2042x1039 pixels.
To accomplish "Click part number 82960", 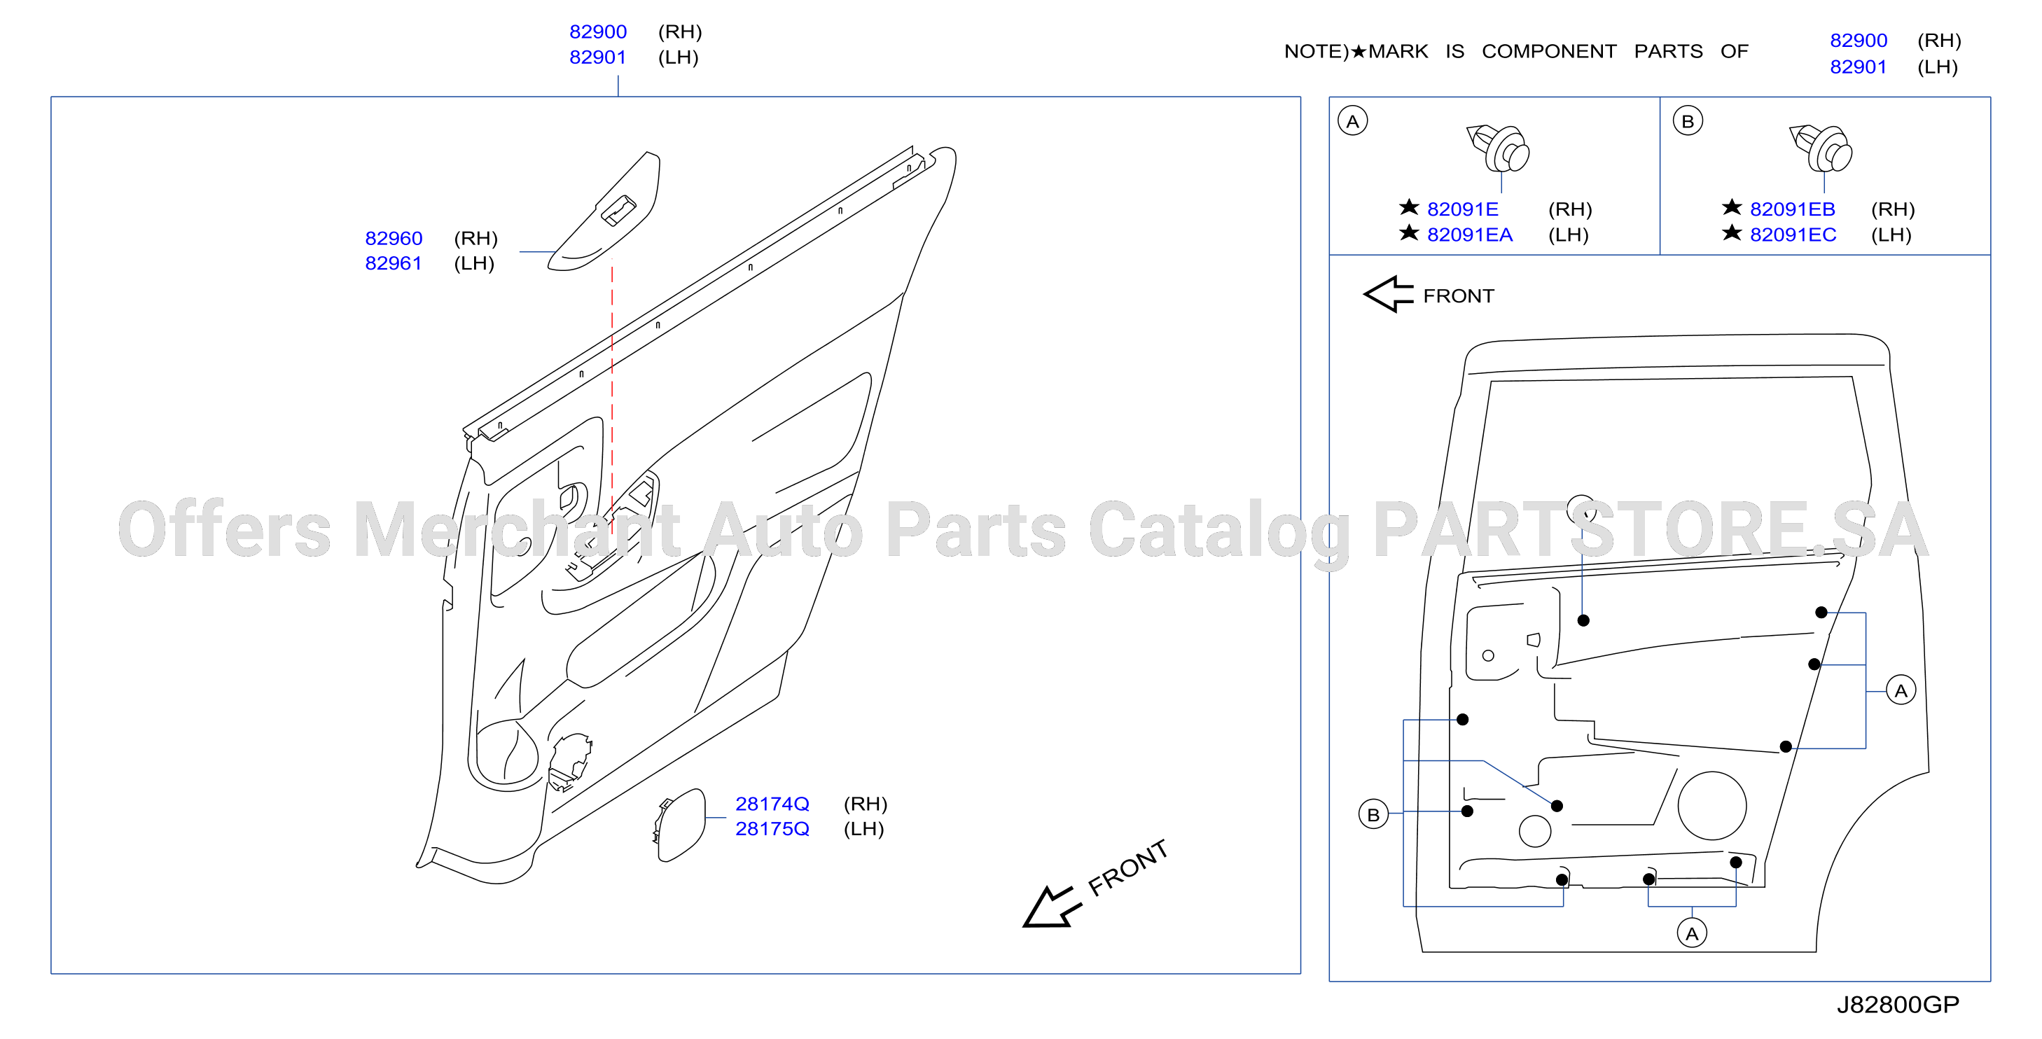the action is click(x=394, y=238).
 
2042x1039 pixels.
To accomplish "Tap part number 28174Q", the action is click(x=772, y=804).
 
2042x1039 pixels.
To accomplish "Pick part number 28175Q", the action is click(x=772, y=829).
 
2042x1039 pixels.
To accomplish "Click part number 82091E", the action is click(x=1463, y=209).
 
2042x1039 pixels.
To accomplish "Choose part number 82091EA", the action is click(x=1470, y=235).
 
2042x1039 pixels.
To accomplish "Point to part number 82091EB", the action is click(x=1792, y=209).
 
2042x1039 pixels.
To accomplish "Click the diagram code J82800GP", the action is click(x=1898, y=1004).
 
